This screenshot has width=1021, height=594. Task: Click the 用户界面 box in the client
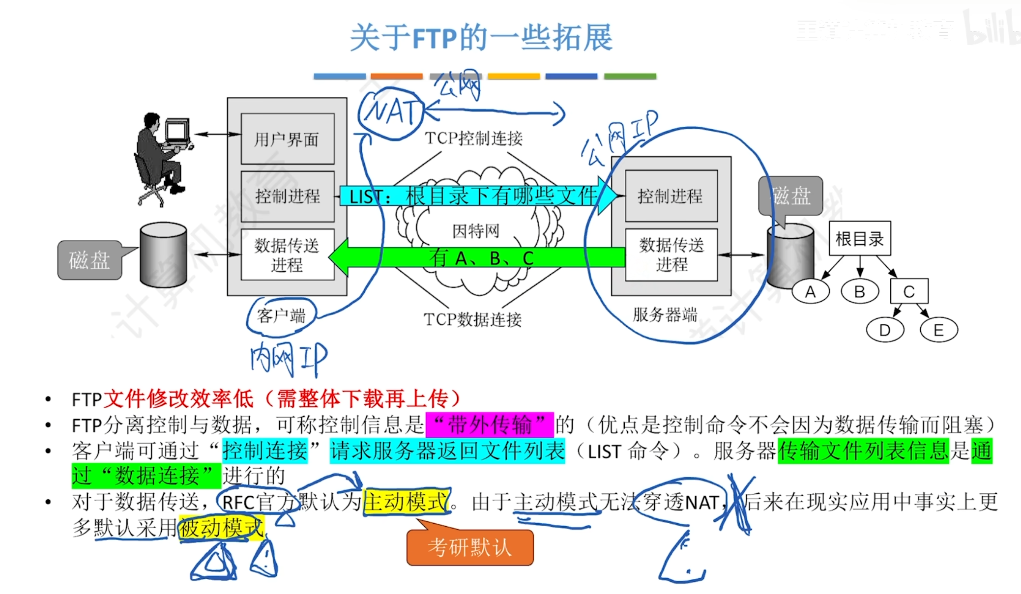tap(287, 139)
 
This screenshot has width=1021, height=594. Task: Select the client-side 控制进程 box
tap(287, 196)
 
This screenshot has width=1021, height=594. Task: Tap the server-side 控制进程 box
tap(671, 196)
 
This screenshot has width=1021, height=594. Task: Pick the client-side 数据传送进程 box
tap(287, 255)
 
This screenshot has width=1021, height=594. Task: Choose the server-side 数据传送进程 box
tap(671, 255)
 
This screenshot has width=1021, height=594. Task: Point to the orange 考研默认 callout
tap(470, 547)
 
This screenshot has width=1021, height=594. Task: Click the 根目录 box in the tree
tap(859, 239)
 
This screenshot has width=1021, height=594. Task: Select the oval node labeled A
tap(810, 292)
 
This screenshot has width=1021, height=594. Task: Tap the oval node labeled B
tap(859, 292)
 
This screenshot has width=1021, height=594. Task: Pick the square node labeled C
tap(909, 292)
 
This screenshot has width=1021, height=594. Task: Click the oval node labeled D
tap(885, 330)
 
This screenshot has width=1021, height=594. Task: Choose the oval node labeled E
tap(938, 330)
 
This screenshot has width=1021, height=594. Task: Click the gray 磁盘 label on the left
tap(89, 260)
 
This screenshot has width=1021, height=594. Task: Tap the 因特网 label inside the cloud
tap(475, 230)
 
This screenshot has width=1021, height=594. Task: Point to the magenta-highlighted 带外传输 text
tap(490, 424)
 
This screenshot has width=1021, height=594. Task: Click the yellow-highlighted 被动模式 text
tap(221, 528)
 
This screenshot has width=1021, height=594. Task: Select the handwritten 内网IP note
tap(289, 359)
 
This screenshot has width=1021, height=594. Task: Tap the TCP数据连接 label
tap(472, 319)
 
